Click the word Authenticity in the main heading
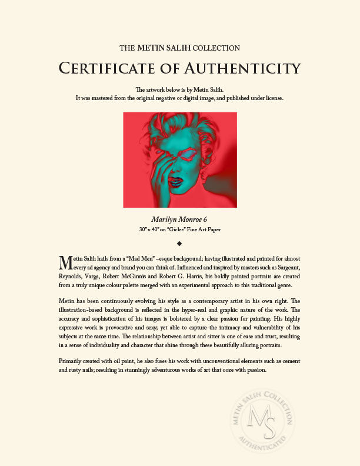point(243,68)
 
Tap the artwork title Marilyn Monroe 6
point(180,219)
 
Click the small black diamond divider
point(180,242)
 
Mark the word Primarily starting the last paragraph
point(74,361)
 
